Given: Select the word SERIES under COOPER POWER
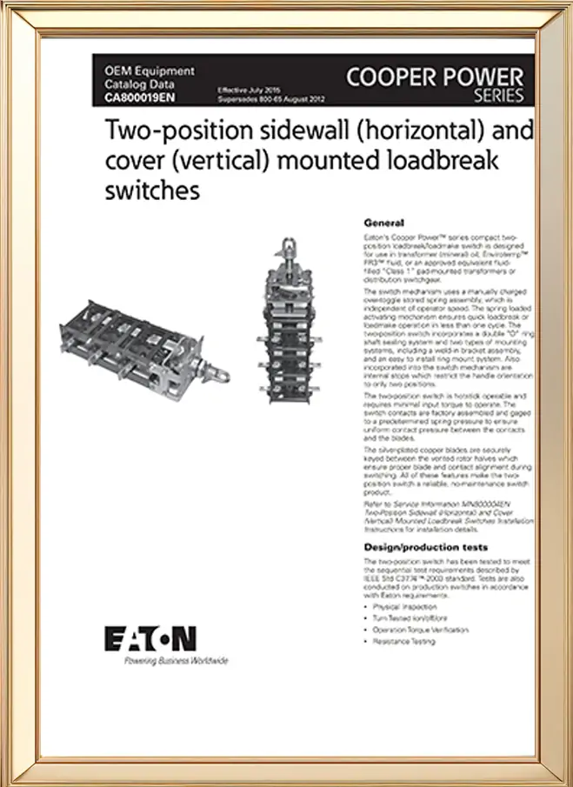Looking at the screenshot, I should pos(503,96).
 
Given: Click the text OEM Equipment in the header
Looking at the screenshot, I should pos(149,70).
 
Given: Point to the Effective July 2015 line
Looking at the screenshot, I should pos(248,90).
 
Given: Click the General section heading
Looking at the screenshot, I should pos(383,223).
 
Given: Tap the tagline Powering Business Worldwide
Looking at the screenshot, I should pos(164,661).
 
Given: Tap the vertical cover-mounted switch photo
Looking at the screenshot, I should pos(290,331).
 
